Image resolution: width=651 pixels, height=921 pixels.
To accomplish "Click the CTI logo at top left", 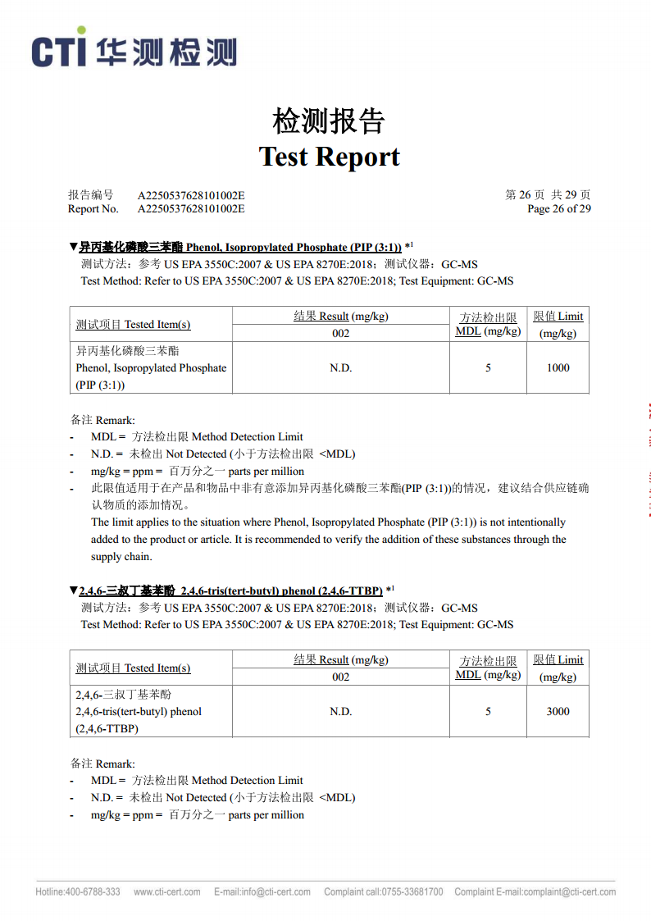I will (x=134, y=50).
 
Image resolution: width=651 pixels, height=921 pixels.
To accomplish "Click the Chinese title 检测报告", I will (x=329, y=121).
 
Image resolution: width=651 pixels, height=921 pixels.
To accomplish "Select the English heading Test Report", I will (x=329, y=157).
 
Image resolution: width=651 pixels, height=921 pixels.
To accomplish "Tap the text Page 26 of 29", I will (x=558, y=209).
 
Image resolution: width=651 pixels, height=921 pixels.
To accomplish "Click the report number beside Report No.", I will (x=191, y=209).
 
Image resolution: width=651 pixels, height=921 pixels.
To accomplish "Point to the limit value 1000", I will (x=558, y=368).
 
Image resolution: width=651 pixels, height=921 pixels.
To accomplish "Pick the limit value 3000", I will (x=558, y=712).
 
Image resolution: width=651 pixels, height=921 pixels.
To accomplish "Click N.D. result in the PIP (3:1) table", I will (x=340, y=368).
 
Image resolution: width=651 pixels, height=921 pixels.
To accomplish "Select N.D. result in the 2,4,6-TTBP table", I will (x=340, y=712).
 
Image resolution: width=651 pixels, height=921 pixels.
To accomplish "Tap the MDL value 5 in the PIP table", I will (x=488, y=368).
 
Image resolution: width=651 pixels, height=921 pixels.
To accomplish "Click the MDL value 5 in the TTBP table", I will (x=488, y=712).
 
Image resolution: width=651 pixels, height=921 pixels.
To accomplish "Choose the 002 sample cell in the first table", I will (x=340, y=333).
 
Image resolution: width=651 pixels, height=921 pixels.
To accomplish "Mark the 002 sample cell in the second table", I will (x=340, y=677).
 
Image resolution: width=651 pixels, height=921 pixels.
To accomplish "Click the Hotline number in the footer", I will (x=78, y=892).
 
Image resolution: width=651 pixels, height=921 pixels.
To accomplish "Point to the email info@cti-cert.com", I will (x=262, y=892).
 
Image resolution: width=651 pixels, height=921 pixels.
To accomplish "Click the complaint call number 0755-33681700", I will (x=383, y=892).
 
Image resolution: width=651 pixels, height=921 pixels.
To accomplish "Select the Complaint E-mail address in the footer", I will (x=535, y=892).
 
